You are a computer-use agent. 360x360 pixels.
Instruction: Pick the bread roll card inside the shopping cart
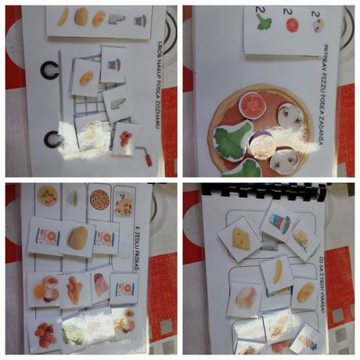pos(85,77)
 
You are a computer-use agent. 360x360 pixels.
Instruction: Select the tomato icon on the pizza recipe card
pos(293,24)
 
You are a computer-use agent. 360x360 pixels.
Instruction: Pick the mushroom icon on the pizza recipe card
pos(319,25)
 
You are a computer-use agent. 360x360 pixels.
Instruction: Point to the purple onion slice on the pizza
pos(261,143)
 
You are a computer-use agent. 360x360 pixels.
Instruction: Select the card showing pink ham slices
pos(100,286)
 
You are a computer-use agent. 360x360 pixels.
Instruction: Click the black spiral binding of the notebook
pos(266,189)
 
